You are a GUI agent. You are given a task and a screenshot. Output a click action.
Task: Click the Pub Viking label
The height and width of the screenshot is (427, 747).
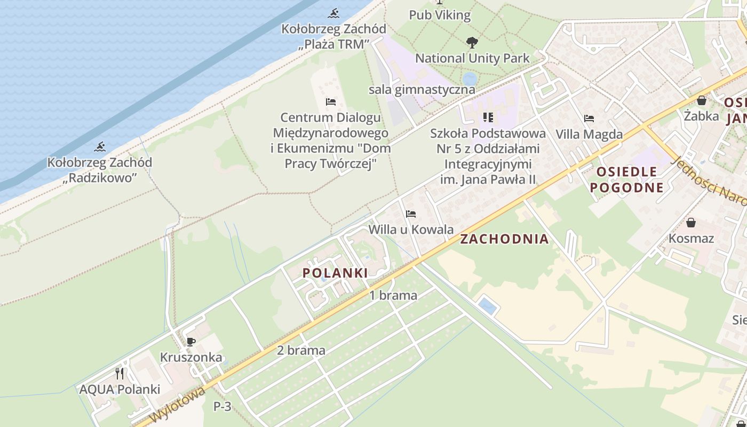(440, 15)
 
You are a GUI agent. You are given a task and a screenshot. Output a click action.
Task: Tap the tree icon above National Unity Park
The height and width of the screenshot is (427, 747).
(472, 42)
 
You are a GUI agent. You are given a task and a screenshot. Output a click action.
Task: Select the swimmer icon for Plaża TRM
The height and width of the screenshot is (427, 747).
(334, 13)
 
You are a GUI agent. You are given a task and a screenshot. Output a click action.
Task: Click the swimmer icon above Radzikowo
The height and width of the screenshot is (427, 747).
(100, 147)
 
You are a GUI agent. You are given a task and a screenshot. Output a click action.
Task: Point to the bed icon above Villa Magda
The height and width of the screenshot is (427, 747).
(589, 118)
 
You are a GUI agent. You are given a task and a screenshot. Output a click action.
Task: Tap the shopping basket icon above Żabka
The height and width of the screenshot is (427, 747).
(701, 100)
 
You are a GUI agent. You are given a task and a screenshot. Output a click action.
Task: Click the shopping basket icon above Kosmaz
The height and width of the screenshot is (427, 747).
(691, 223)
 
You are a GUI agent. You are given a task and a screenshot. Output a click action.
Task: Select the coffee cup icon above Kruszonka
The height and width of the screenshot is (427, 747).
(190, 342)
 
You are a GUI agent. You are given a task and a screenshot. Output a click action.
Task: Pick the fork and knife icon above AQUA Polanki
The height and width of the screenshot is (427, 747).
(120, 373)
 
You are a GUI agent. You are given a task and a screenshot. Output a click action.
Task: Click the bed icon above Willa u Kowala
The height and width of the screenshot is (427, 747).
(410, 214)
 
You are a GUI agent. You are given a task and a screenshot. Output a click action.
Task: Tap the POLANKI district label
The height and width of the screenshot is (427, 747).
(335, 273)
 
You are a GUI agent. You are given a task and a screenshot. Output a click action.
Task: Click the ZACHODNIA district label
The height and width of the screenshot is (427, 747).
(504, 239)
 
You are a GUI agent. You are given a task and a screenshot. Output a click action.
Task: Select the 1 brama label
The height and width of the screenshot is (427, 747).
(393, 295)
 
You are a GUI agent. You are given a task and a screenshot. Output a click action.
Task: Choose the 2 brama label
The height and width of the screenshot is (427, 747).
(301, 350)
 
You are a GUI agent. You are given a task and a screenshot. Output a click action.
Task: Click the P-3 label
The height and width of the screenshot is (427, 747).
(222, 406)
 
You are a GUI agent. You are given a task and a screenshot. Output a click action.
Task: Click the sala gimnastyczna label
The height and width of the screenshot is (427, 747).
(422, 90)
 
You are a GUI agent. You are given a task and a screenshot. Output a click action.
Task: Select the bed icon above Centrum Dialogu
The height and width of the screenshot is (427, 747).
(330, 101)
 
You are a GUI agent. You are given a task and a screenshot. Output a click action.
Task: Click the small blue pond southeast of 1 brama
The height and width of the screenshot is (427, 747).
(487, 306)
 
